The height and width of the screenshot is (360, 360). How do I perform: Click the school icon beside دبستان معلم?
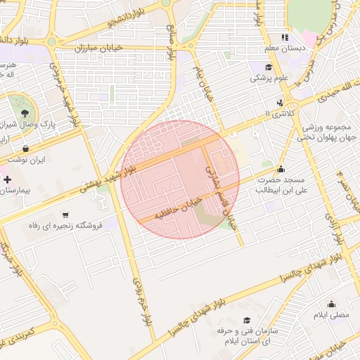[x=285, y=37]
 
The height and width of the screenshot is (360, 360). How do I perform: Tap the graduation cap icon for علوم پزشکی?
[x=268, y=67]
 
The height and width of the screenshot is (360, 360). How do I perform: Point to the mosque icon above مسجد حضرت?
[x=281, y=169]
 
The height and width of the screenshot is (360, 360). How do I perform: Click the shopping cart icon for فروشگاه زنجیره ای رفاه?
[x=65, y=214]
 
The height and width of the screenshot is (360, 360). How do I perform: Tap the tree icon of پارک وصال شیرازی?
[x=25, y=112]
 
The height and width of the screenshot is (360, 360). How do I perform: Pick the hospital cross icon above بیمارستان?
[x=8, y=180]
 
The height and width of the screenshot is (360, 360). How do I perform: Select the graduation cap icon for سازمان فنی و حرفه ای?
[x=237, y=318]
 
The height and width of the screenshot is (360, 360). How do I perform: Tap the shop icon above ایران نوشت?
[x=26, y=149]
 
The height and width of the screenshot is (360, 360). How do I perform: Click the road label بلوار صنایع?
[x=171, y=39]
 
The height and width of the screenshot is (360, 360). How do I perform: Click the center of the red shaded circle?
[x=181, y=179]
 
